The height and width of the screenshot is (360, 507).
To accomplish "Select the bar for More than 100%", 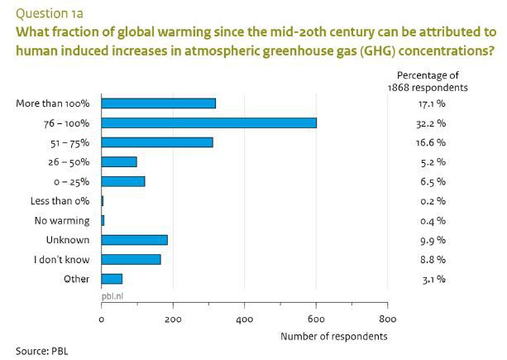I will [158, 103].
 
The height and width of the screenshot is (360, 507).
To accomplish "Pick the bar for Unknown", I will [134, 240].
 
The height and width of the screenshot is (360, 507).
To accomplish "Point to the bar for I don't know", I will [131, 260].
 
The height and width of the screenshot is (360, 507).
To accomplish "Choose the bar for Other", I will [112, 279].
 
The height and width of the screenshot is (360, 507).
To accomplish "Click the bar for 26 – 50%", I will [119, 162].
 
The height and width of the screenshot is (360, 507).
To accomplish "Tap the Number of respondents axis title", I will [333, 336].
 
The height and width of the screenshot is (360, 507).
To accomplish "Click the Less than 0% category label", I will [62, 201].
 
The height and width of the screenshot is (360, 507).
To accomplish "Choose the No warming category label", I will [66, 221].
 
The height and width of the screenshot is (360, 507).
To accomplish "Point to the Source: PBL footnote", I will [42, 349].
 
